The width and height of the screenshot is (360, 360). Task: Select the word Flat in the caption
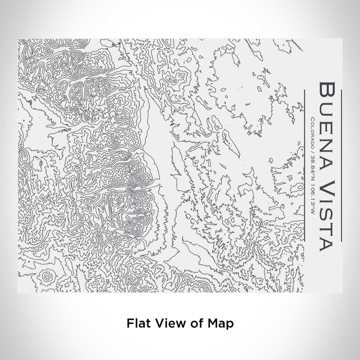pyautogui.click(x=136, y=323)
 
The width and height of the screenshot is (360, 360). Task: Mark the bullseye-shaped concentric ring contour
pyautogui.click(x=46, y=277)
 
